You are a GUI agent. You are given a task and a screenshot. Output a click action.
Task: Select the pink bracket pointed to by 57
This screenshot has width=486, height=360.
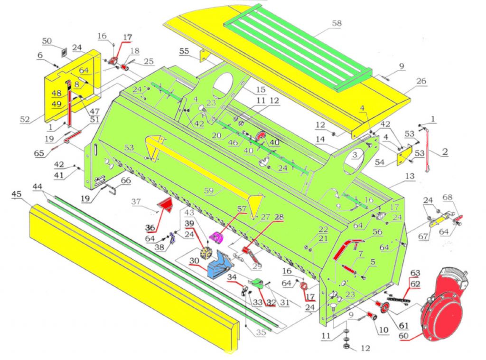217,237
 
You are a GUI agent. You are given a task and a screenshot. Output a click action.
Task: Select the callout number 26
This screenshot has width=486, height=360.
421,81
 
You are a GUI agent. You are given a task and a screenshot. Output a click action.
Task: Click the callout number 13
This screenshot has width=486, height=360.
410,176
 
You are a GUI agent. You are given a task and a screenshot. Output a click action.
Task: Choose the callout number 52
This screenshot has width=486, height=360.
25,120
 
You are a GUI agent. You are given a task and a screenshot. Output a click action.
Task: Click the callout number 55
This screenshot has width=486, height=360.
184,50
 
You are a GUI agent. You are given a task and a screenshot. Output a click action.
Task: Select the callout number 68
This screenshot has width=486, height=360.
448,197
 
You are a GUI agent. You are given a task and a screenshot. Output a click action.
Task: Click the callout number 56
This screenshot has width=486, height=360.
377,232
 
